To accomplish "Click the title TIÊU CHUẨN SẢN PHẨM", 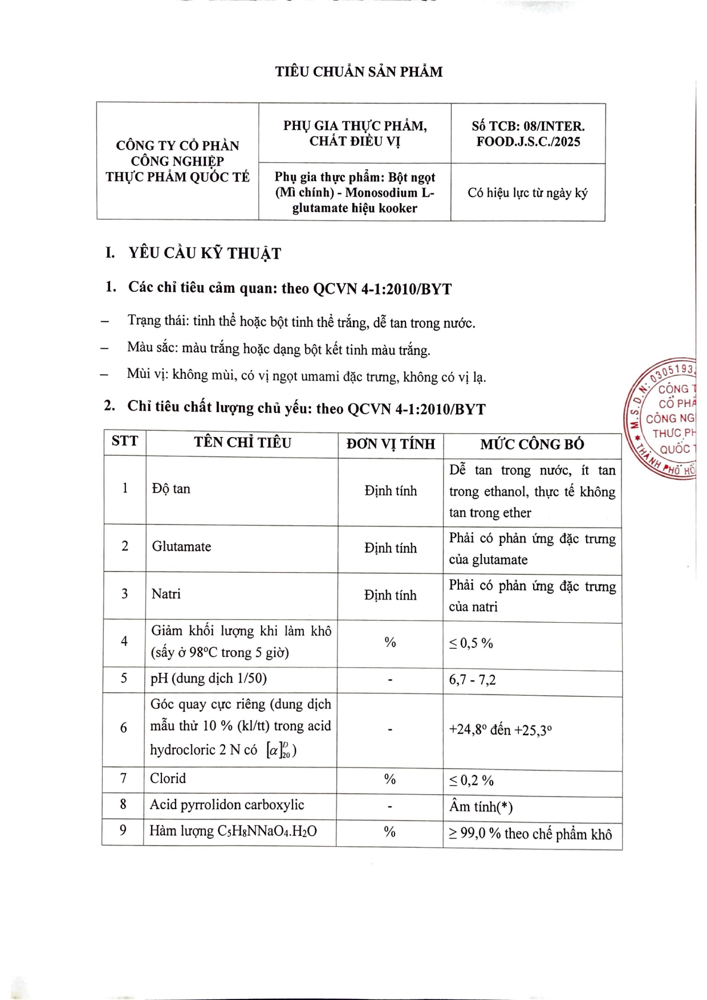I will pos(359,72).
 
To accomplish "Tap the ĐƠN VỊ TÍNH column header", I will pos(391,444).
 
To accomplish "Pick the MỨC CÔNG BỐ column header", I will pos(531,444).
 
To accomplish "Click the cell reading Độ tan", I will pos(171,489).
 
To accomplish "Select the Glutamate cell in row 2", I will pos(181,546).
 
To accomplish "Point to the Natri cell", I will pos(166,594).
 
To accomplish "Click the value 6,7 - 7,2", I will pos(472,680).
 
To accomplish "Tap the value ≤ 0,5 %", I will pos(471,643).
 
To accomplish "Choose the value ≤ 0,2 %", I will pos(471,780).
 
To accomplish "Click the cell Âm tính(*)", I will pos(481,807).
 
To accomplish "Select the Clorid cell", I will pos(168,778).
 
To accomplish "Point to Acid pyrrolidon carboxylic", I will pos(227,805).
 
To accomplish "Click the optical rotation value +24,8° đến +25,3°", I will pos(500,730).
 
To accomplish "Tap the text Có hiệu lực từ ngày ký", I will pos(527,193).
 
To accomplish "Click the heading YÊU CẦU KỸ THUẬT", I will pos(205,254).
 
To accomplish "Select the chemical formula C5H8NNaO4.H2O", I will pos(267,831).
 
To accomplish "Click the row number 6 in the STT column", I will pos(123,728).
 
